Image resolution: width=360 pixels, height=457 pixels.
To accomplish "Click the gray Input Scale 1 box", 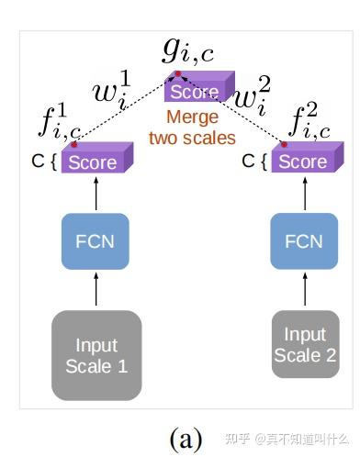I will coord(96,356).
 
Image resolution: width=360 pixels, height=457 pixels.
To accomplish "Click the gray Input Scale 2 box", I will coord(304,345).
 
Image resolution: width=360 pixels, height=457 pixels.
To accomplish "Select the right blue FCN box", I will coord(303,241).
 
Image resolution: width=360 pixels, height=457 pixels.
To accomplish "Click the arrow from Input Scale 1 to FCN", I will coord(96,292).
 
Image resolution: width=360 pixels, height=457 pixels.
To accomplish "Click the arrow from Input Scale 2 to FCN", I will coord(303,292).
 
